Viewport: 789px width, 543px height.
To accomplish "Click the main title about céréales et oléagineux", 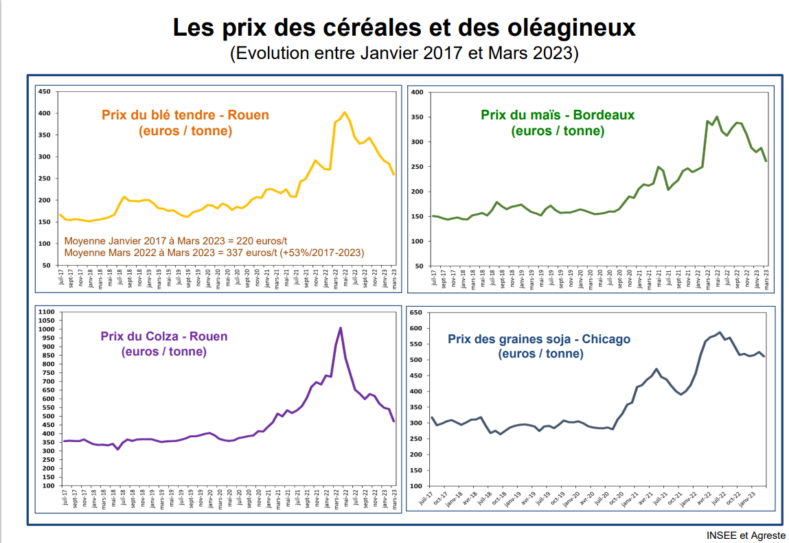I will point(404,28).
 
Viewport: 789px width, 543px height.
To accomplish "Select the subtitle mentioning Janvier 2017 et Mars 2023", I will point(404,53).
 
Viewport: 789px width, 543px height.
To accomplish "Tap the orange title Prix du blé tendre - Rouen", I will point(185,115).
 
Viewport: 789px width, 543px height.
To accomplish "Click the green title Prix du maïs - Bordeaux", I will point(558,115).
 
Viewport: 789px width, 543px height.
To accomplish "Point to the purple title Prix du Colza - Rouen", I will point(163,336).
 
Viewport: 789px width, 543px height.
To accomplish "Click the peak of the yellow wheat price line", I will point(345,113).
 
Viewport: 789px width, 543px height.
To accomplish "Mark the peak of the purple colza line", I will point(341,328).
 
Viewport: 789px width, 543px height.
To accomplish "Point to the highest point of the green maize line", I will point(717,117).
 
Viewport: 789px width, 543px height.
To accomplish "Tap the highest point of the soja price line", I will point(720,332).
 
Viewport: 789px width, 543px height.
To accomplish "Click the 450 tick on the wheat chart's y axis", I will point(45,91).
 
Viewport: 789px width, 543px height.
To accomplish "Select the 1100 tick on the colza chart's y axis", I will point(46,312).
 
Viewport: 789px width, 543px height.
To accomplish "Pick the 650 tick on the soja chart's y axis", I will point(415,312).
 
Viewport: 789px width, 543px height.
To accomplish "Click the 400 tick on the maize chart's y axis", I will point(416,92).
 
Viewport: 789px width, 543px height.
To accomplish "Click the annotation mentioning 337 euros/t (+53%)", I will point(214,253).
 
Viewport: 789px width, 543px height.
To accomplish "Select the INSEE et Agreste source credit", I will point(746,535).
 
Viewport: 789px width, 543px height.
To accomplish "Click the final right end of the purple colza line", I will point(394,421).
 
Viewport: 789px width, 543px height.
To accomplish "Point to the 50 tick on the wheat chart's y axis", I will point(46,266).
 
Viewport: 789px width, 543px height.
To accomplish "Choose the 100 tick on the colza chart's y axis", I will point(47,486).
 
